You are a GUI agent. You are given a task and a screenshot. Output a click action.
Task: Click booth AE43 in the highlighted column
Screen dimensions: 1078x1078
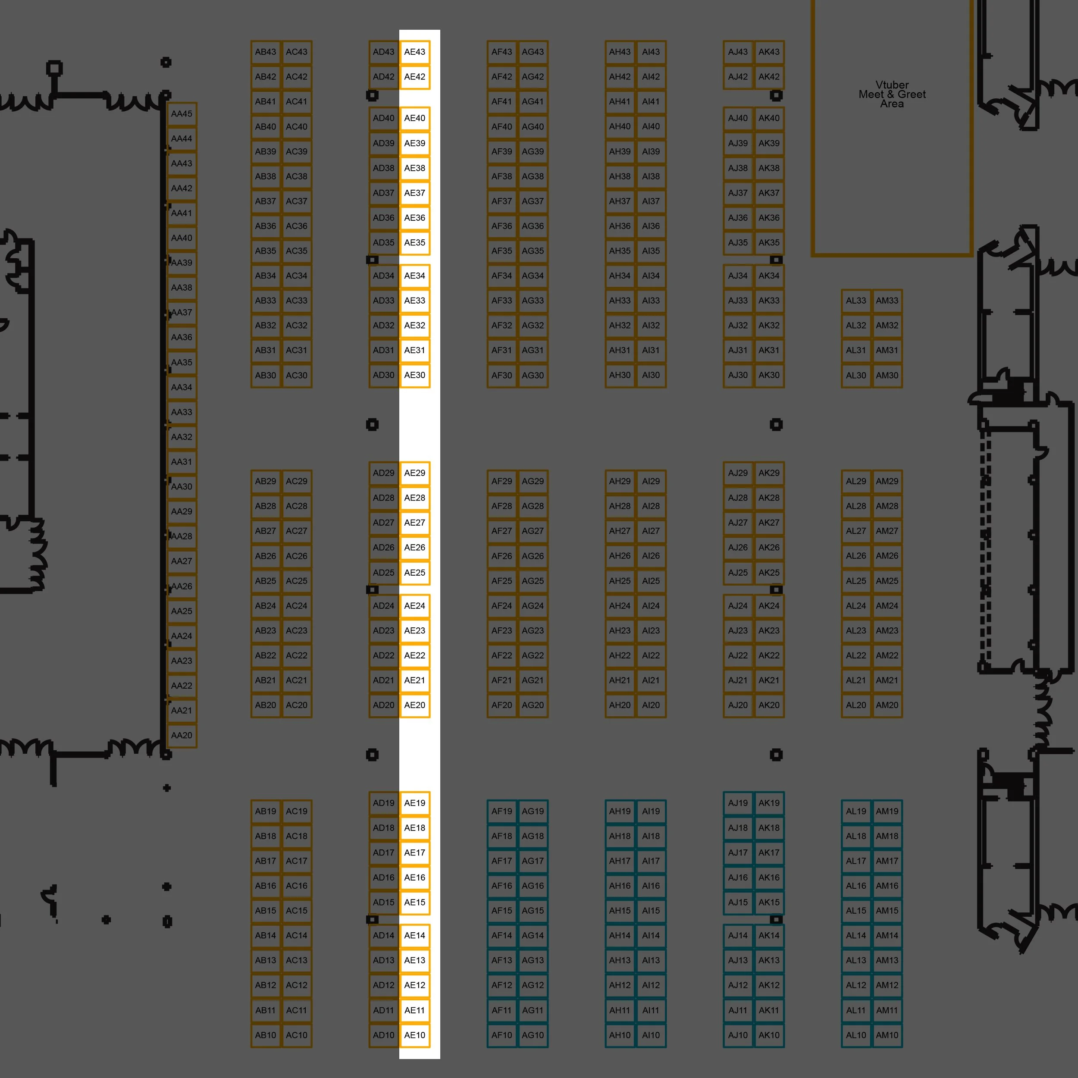(x=414, y=52)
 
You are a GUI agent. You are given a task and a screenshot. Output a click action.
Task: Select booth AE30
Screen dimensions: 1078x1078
(x=414, y=375)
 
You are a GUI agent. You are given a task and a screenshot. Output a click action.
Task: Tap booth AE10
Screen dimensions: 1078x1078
(x=414, y=1035)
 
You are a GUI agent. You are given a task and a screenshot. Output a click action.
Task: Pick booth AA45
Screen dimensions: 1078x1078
(x=182, y=114)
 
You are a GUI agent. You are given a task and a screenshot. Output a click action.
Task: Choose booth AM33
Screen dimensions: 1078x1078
(x=887, y=300)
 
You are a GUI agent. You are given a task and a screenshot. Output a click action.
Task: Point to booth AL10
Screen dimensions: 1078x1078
(x=856, y=1035)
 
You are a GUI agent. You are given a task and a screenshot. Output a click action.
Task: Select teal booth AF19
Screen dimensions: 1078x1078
(x=501, y=811)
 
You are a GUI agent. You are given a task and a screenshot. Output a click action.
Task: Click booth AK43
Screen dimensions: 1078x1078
(x=769, y=52)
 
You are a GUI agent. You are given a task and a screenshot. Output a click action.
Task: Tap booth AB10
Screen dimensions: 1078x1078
(x=266, y=1035)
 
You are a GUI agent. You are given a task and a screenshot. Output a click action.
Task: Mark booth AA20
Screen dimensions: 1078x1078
(x=182, y=735)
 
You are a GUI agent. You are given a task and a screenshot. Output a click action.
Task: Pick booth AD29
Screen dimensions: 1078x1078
(x=384, y=473)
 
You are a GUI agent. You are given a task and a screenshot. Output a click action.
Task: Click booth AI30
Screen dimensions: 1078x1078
(x=651, y=375)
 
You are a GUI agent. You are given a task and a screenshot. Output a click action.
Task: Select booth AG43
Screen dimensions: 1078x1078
(x=533, y=52)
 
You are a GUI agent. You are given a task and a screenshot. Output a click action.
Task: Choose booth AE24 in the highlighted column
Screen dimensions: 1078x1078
(x=414, y=605)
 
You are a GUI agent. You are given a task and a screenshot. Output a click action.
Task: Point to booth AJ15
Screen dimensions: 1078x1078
(x=738, y=902)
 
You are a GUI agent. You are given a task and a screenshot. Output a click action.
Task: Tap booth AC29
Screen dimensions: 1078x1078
(x=297, y=481)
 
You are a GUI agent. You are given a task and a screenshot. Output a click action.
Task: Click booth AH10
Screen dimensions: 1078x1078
(x=620, y=1035)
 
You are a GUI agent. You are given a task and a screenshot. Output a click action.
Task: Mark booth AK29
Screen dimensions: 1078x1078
(x=769, y=473)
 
